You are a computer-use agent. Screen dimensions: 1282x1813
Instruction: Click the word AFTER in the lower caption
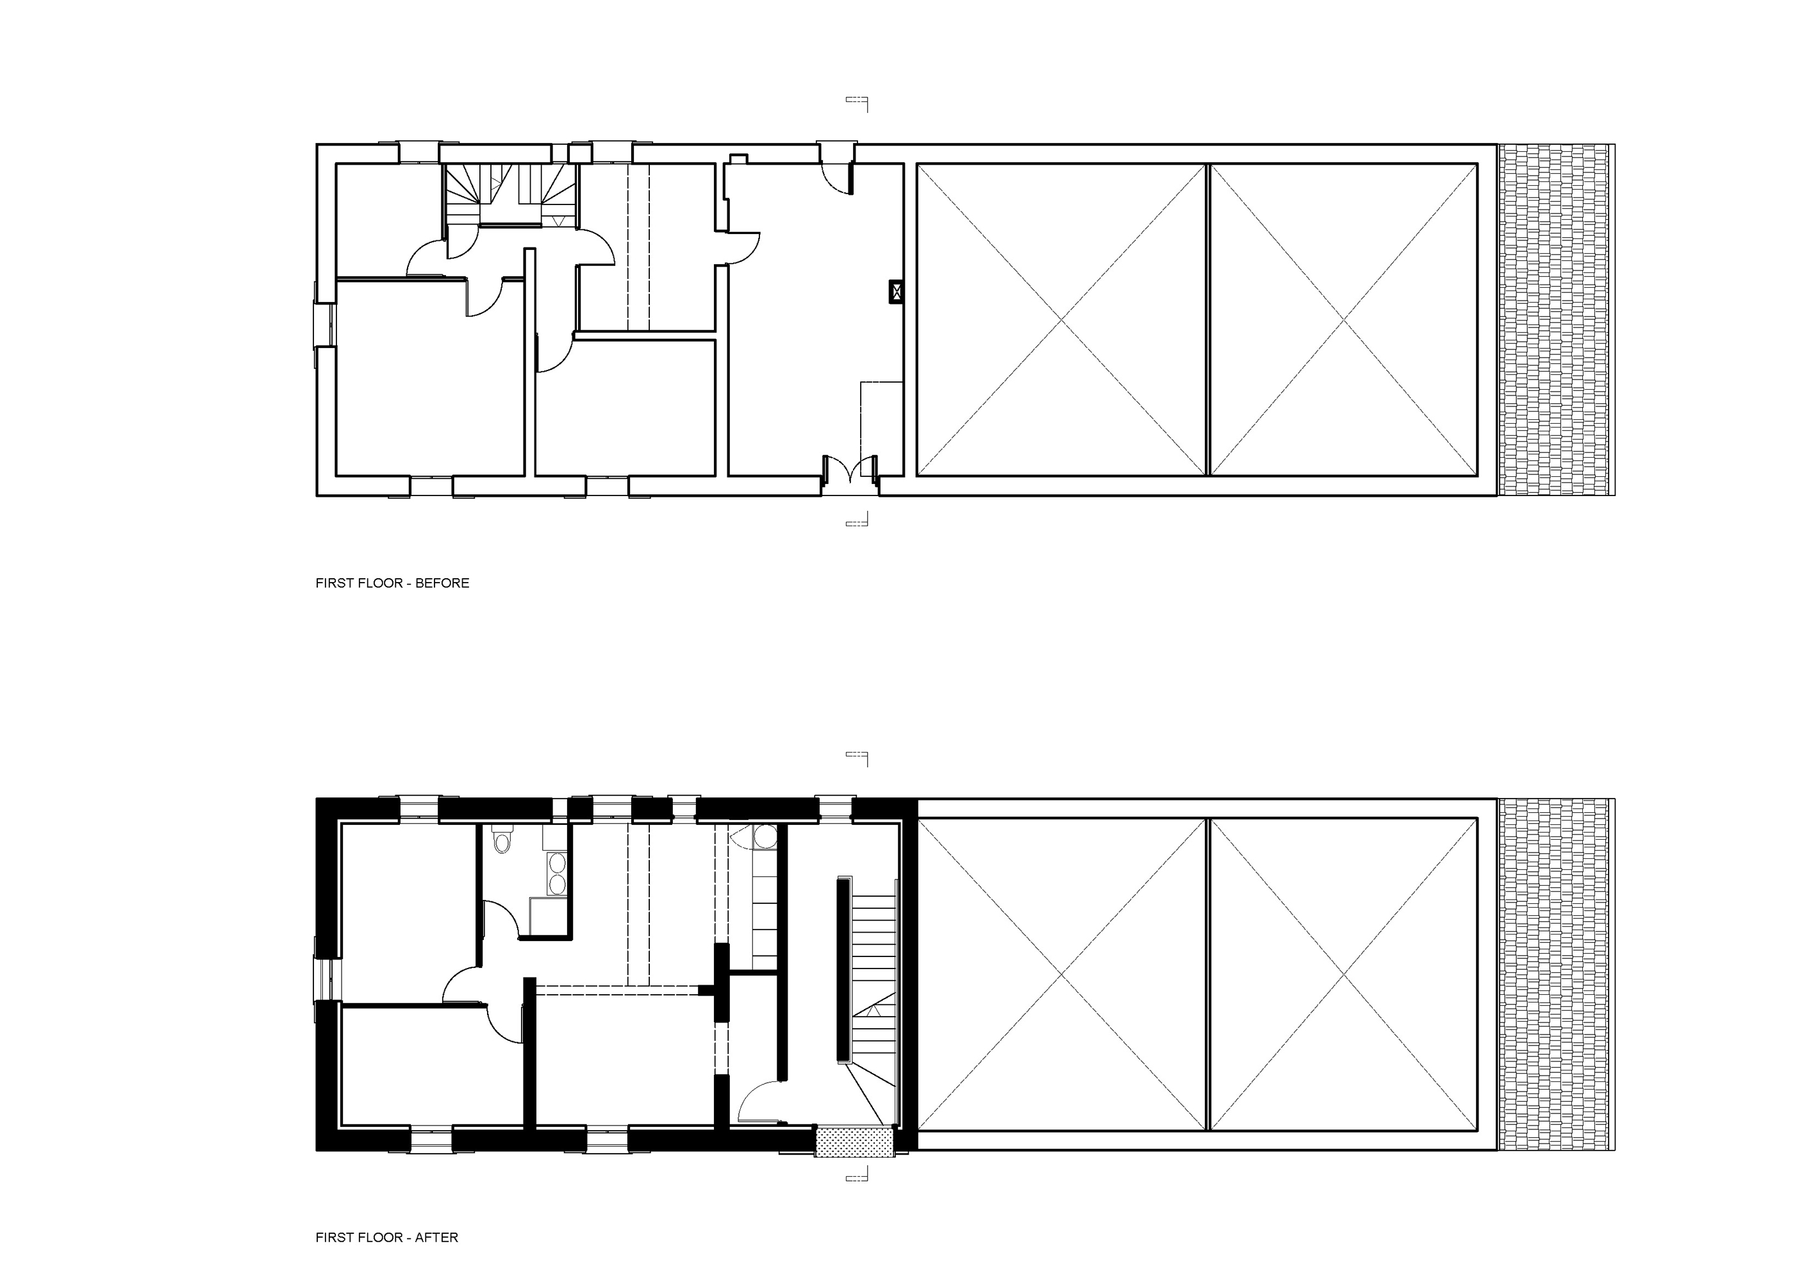pos(436,1237)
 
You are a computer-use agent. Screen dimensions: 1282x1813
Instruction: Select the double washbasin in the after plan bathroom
pos(557,873)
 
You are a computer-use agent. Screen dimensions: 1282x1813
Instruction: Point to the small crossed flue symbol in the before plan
pos(895,292)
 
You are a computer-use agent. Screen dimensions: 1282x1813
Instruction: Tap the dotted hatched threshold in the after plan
pos(854,1142)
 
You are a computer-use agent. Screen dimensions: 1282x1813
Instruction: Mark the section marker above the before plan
pos(857,103)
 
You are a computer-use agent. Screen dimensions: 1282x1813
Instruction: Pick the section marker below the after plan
pos(857,1174)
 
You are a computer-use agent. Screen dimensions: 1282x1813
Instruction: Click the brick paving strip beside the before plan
pos(1554,320)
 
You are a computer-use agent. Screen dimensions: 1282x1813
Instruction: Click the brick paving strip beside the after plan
pos(1554,974)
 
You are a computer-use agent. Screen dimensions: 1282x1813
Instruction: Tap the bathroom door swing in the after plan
pos(501,919)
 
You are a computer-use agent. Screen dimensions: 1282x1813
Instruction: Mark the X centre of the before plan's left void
pos(1061,319)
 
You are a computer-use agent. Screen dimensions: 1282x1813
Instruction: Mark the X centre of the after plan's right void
pos(1344,974)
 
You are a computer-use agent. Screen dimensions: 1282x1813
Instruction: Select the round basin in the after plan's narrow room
pos(765,837)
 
